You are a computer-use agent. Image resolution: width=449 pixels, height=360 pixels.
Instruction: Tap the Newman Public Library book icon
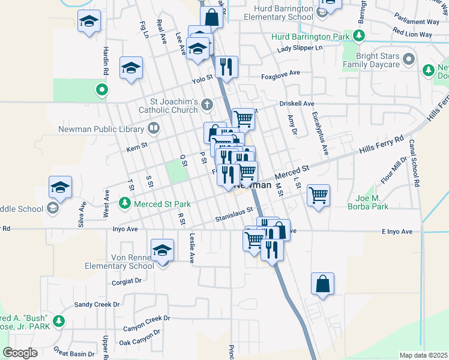tap(154, 128)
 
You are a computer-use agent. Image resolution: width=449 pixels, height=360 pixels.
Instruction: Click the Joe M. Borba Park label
tap(368, 202)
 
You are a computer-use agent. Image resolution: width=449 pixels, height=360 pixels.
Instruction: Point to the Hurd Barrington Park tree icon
tap(359, 36)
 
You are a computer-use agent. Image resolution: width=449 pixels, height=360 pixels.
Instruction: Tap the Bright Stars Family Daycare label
tap(371, 59)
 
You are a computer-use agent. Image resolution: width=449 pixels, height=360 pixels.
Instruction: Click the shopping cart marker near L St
tap(318, 194)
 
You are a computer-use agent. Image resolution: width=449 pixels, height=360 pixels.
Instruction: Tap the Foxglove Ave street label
tap(280, 75)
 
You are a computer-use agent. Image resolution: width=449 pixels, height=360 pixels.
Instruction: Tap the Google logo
tap(20, 353)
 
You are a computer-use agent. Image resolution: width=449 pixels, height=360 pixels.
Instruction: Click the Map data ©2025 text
tap(423, 355)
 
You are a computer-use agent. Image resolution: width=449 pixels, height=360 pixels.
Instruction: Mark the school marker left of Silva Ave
tap(60, 188)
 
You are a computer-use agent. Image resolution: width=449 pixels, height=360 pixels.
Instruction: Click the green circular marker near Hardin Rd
tap(102, 91)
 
